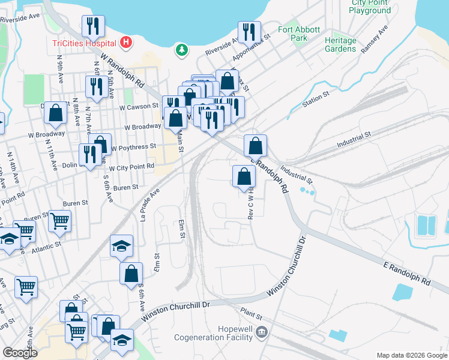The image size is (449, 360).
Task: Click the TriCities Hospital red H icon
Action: [x=126, y=42]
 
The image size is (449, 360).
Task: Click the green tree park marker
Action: [x=181, y=50]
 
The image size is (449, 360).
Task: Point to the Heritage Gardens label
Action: [x=340, y=44]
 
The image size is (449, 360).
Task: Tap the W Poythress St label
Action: [x=133, y=146]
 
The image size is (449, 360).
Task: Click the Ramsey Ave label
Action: [x=375, y=40]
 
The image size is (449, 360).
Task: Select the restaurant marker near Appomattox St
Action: [x=249, y=31]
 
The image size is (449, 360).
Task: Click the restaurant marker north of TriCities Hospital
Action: [x=93, y=25]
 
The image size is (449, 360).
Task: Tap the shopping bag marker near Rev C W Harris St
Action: [x=244, y=176]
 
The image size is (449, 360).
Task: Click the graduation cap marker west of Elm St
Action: [x=122, y=245]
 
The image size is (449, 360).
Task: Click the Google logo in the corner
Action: [x=20, y=353]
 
